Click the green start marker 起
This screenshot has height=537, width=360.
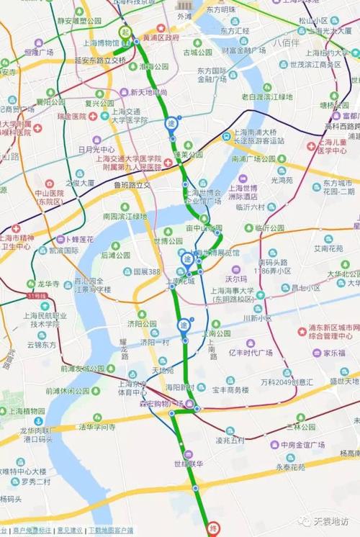pyautogui.click(x=125, y=32)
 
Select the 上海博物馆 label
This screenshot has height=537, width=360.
pyautogui.click(x=102, y=43)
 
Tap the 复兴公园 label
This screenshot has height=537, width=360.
pyautogui.click(x=99, y=103)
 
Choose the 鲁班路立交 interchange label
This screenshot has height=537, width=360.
pyautogui.click(x=132, y=185)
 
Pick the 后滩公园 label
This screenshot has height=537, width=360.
pyautogui.click(x=115, y=255)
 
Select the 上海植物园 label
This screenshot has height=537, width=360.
pyautogui.click(x=28, y=411)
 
